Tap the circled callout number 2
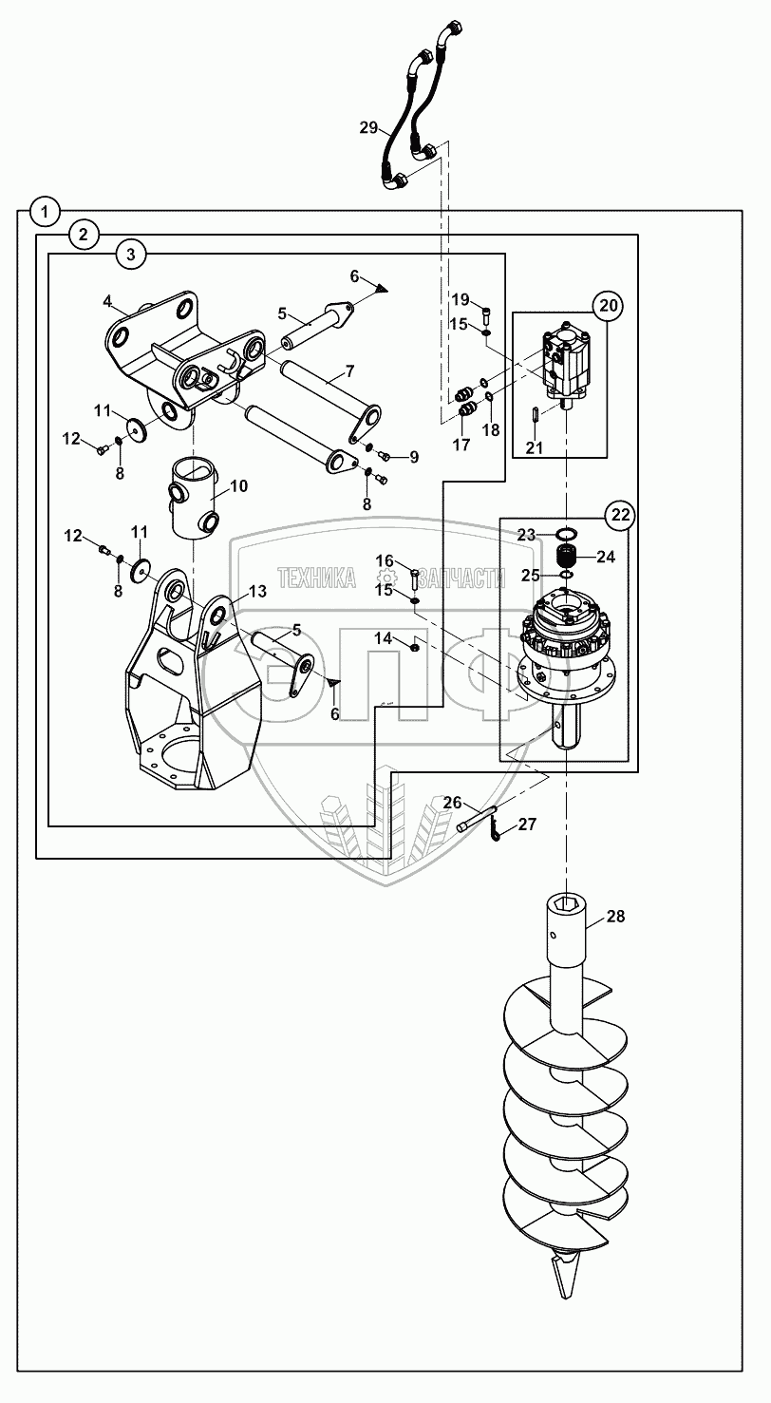click(x=84, y=235)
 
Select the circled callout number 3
click(x=131, y=255)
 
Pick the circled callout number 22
click(x=620, y=515)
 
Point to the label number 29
click(x=368, y=128)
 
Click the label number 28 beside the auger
click(x=615, y=917)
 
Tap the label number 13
click(x=257, y=591)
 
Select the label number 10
click(x=238, y=486)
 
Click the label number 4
click(x=107, y=301)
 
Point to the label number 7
click(x=349, y=371)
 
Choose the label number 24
click(x=606, y=557)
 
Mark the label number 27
click(x=527, y=824)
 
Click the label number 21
click(x=535, y=447)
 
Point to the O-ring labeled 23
click(x=566, y=534)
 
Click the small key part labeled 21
click(x=535, y=415)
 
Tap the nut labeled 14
click(x=415, y=646)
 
